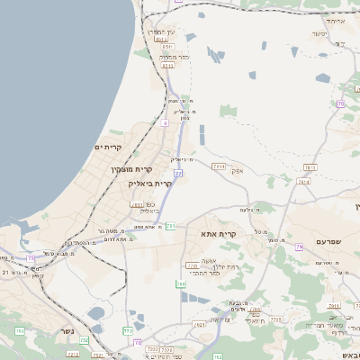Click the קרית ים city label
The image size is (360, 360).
[108, 147]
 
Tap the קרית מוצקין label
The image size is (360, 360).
[128, 169]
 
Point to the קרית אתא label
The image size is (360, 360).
[219, 234]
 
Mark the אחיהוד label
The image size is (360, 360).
[335, 20]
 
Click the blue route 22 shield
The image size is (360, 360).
[179, 173]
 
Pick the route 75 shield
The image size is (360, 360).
[31, 258]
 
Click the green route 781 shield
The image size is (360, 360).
[170, 226]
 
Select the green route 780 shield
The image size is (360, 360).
[181, 284]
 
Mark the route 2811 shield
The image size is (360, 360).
[137, 204]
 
